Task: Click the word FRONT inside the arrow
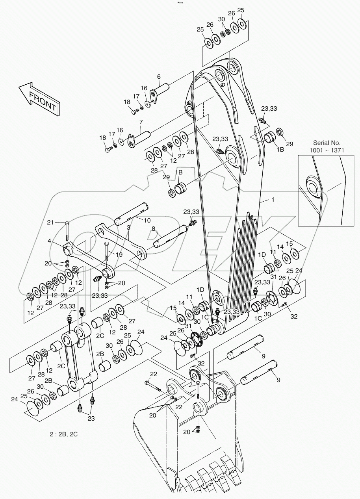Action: [42, 100]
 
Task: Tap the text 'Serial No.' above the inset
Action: [327, 143]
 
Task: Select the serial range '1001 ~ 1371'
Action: [327, 150]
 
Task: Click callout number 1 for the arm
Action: [272, 200]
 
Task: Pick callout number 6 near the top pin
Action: [159, 76]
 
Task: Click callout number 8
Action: [153, 228]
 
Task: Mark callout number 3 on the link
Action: [128, 228]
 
